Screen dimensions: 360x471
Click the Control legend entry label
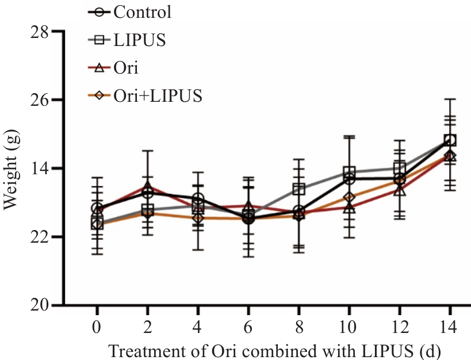[x=143, y=12]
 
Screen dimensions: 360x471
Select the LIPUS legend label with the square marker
[x=140, y=40]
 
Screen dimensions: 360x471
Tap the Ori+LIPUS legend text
[x=158, y=95]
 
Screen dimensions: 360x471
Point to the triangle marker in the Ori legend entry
[x=99, y=68]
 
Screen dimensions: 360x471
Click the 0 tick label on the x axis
[x=97, y=327]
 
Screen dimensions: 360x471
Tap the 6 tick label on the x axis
[x=248, y=327]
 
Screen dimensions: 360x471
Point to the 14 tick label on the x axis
[x=450, y=327]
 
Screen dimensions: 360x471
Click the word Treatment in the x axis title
[x=141, y=350]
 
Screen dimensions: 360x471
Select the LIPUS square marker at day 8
[x=298, y=189]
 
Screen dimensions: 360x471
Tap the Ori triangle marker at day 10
[x=349, y=207]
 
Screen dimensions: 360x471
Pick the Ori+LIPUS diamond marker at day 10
[x=349, y=198]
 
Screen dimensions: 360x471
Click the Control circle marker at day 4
[x=198, y=199]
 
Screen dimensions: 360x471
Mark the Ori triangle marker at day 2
[x=148, y=186]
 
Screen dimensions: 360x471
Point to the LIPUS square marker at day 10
[x=349, y=173]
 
